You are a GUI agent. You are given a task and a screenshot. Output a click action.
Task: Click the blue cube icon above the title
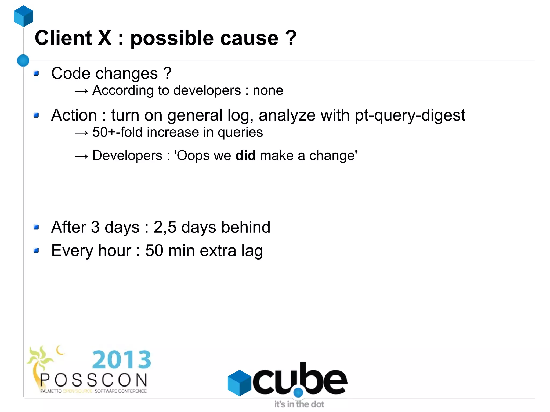click(x=24, y=16)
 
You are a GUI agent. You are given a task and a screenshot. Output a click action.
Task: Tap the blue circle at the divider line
click(x=23, y=60)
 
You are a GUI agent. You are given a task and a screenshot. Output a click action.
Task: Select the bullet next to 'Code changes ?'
click(x=37, y=73)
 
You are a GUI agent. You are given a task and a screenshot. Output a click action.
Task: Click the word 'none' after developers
click(x=268, y=90)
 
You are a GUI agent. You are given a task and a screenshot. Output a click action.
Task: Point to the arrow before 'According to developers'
click(x=81, y=91)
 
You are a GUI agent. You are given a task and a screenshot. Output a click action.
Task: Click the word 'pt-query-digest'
click(x=410, y=115)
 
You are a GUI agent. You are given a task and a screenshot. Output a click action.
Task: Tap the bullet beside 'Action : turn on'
click(x=37, y=115)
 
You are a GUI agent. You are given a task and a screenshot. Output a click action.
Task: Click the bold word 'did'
click(x=245, y=156)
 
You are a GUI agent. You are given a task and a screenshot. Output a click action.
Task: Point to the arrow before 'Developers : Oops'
click(x=81, y=156)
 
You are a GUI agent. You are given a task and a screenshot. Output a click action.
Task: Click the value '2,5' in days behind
click(x=165, y=227)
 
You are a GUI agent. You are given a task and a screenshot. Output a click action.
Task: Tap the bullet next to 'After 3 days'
click(x=37, y=228)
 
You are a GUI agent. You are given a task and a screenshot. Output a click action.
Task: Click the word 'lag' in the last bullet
click(x=252, y=251)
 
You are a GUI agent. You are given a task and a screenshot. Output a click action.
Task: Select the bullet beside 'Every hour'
click(x=37, y=251)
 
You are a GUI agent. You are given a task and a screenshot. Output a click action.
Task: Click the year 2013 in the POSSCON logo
click(x=122, y=359)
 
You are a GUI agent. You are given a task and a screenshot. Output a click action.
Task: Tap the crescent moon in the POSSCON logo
click(x=60, y=350)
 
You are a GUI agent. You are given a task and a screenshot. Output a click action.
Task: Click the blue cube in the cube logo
click(x=239, y=383)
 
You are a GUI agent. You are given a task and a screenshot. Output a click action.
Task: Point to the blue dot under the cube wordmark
click(x=298, y=393)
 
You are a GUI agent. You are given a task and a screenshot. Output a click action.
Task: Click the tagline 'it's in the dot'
click(x=299, y=404)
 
